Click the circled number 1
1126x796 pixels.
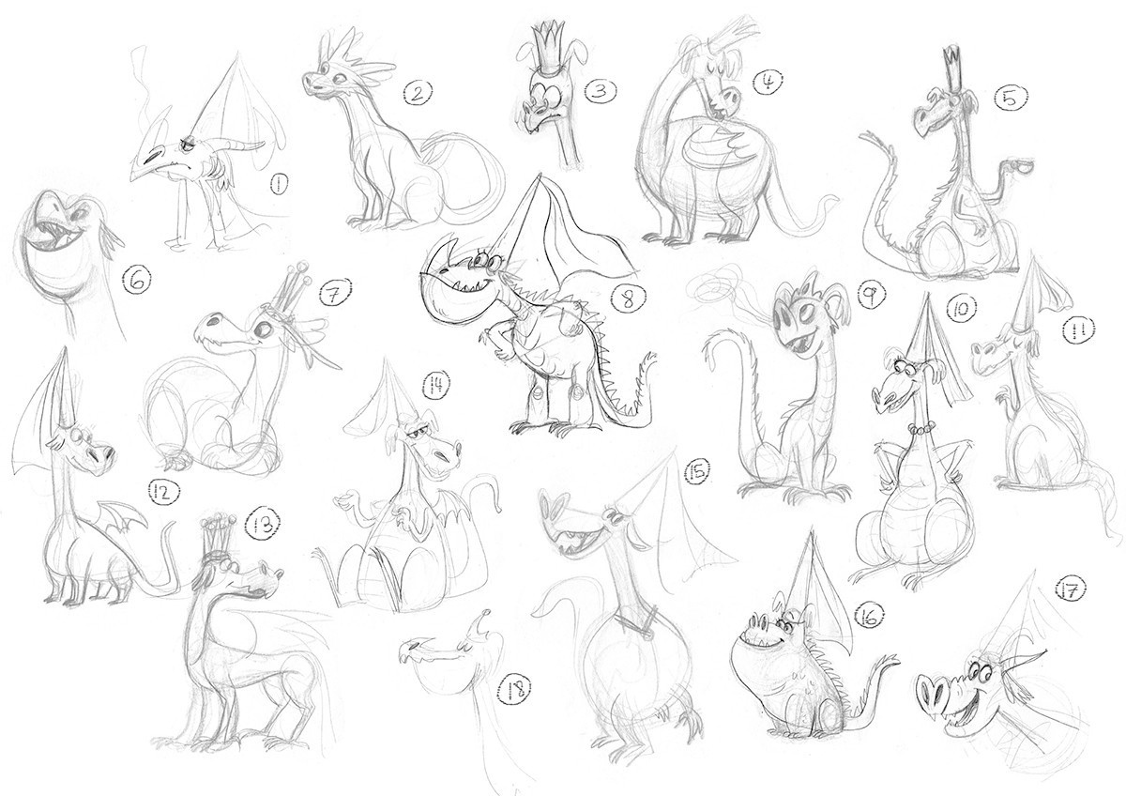[279, 184]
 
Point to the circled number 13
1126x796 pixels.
[263, 527]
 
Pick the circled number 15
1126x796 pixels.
[699, 470]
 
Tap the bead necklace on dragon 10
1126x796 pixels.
[921, 428]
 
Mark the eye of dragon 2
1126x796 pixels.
[342, 79]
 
